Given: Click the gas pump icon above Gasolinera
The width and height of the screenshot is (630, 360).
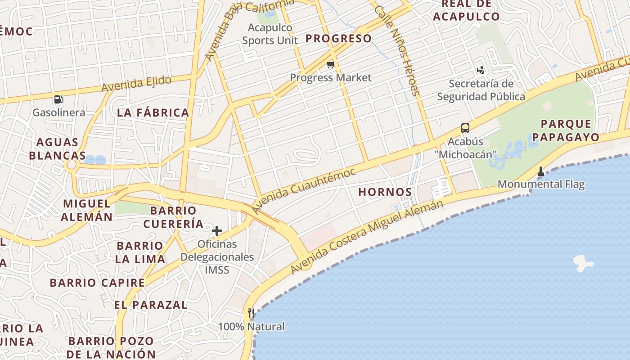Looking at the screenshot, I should pyautogui.click(x=58, y=99).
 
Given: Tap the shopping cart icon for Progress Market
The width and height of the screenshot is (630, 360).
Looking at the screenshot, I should pyautogui.click(x=331, y=65).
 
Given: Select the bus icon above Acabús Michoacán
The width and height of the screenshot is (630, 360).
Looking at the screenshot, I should pyautogui.click(x=465, y=128).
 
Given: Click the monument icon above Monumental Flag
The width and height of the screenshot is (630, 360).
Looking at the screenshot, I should pyautogui.click(x=541, y=171).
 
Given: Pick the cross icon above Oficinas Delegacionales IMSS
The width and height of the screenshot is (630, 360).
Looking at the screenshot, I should pyautogui.click(x=217, y=231).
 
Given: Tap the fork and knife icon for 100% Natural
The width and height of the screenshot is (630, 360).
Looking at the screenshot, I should pyautogui.click(x=251, y=313).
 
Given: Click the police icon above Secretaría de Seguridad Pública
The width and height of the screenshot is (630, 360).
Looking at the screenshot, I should pyautogui.click(x=481, y=70).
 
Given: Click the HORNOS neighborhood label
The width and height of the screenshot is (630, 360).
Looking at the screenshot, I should pyautogui.click(x=385, y=192).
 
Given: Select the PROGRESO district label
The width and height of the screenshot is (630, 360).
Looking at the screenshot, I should pyautogui.click(x=338, y=39).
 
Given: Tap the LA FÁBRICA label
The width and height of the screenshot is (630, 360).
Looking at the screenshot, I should pyautogui.click(x=153, y=113).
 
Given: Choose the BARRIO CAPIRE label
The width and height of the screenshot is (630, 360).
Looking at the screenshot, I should pyautogui.click(x=97, y=283).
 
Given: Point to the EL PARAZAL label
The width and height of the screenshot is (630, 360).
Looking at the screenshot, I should pyautogui.click(x=151, y=305).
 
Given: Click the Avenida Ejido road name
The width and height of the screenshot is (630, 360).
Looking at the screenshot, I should pyautogui.click(x=136, y=84).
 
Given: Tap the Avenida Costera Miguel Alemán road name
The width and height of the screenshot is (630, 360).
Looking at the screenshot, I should pyautogui.click(x=367, y=237).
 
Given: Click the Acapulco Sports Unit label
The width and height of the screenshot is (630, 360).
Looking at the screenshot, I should pyautogui.click(x=270, y=34).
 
